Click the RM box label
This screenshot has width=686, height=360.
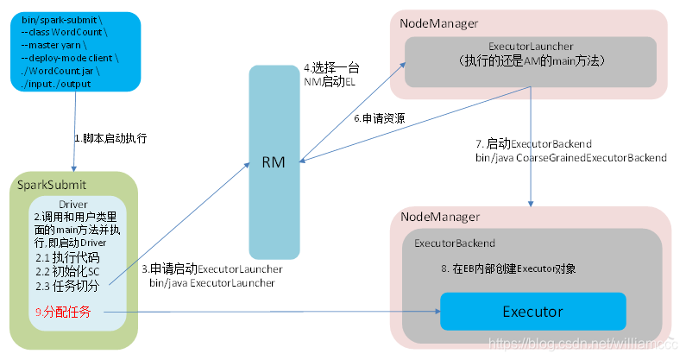coord(274,163)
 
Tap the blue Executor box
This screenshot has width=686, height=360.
coord(532,311)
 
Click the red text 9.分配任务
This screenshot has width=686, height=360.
coord(63,311)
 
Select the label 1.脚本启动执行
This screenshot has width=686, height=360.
coord(110,137)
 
